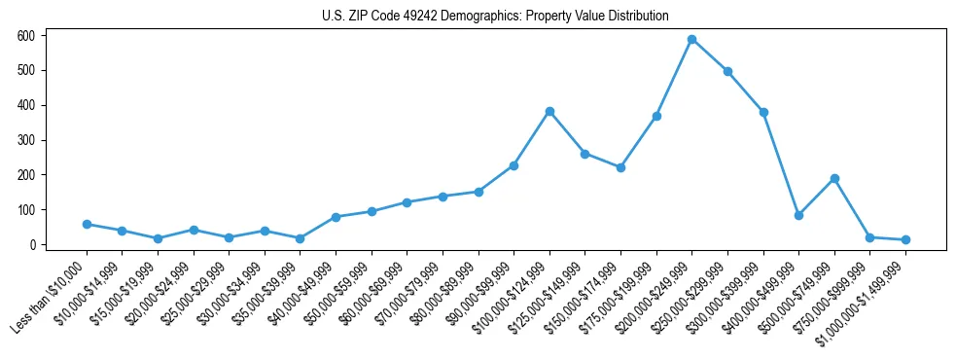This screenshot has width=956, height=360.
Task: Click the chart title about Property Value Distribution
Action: (495, 16)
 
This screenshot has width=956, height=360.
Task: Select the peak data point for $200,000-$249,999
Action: (691, 39)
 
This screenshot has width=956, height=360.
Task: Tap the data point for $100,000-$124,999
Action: (549, 111)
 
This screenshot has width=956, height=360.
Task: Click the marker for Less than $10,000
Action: (87, 224)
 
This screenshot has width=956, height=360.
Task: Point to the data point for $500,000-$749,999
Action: (834, 178)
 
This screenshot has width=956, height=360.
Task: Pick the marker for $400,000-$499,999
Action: (798, 215)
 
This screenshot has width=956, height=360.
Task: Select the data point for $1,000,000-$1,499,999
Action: (905, 239)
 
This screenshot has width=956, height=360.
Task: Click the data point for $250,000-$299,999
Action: (727, 71)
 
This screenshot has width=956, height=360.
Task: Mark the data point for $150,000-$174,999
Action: (620, 167)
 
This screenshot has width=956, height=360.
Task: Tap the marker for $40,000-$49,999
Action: (336, 217)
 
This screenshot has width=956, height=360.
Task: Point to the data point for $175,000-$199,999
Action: (656, 116)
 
